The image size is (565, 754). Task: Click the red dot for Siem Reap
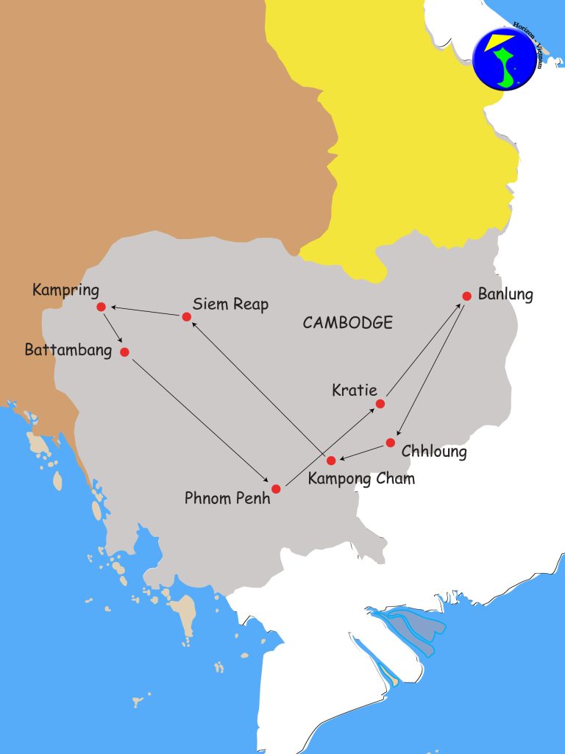[186, 317]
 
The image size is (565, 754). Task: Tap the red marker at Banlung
[466, 296]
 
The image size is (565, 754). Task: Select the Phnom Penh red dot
[276, 488]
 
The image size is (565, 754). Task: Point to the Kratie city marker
[380, 404]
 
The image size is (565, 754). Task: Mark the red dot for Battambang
[124, 352]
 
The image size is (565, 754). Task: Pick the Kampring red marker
[101, 307]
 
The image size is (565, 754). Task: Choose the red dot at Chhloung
[391, 442]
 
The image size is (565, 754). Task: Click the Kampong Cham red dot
[331, 460]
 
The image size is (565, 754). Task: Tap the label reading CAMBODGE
[347, 322]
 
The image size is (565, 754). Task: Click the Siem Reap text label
[230, 304]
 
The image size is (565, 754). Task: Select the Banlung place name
[505, 295]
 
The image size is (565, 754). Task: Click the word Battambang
[68, 350]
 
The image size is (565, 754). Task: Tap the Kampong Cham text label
[361, 479]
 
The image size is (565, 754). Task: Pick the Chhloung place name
[434, 451]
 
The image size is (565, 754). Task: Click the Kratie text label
[355, 390]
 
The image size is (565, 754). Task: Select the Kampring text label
[65, 290]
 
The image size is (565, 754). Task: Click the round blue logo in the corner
[505, 58]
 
